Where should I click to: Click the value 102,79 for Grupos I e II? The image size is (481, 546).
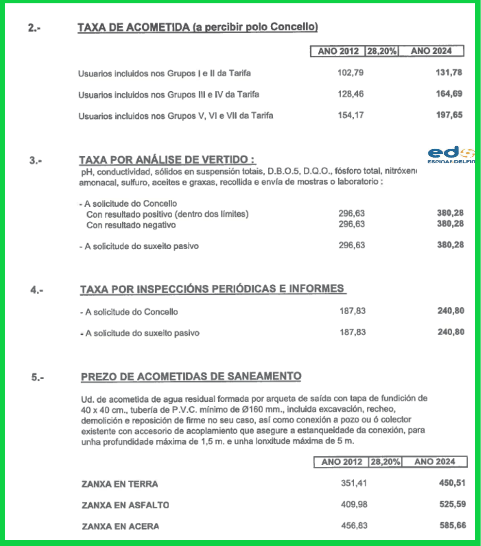click(350, 73)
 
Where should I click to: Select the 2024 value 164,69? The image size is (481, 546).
click(449, 94)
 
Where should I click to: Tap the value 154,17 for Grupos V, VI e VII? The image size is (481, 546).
click(350, 115)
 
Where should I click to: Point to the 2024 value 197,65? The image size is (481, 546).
click(449, 115)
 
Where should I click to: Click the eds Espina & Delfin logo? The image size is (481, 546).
click(451, 155)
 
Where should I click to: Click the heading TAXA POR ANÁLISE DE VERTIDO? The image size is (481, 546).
click(167, 160)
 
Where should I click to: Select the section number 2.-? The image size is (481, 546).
click(34, 28)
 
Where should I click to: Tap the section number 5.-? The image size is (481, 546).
click(38, 378)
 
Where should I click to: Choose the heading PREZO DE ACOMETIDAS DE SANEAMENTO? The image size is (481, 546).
click(191, 377)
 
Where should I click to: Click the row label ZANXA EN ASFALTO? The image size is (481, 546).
click(125, 506)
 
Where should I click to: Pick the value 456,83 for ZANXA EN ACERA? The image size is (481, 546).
click(354, 526)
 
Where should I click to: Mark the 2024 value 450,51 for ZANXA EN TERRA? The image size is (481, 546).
click(452, 483)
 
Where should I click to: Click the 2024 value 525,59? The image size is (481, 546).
click(452, 504)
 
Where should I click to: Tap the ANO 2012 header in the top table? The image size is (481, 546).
click(338, 51)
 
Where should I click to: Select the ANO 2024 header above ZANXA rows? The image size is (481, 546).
click(434, 462)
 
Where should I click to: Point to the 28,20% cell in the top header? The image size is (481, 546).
click(382, 51)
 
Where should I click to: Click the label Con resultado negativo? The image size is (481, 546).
click(131, 225)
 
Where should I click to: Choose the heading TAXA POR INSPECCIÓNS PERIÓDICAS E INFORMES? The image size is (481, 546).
click(212, 289)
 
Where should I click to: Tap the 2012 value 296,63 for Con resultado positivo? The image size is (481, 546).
click(351, 214)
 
